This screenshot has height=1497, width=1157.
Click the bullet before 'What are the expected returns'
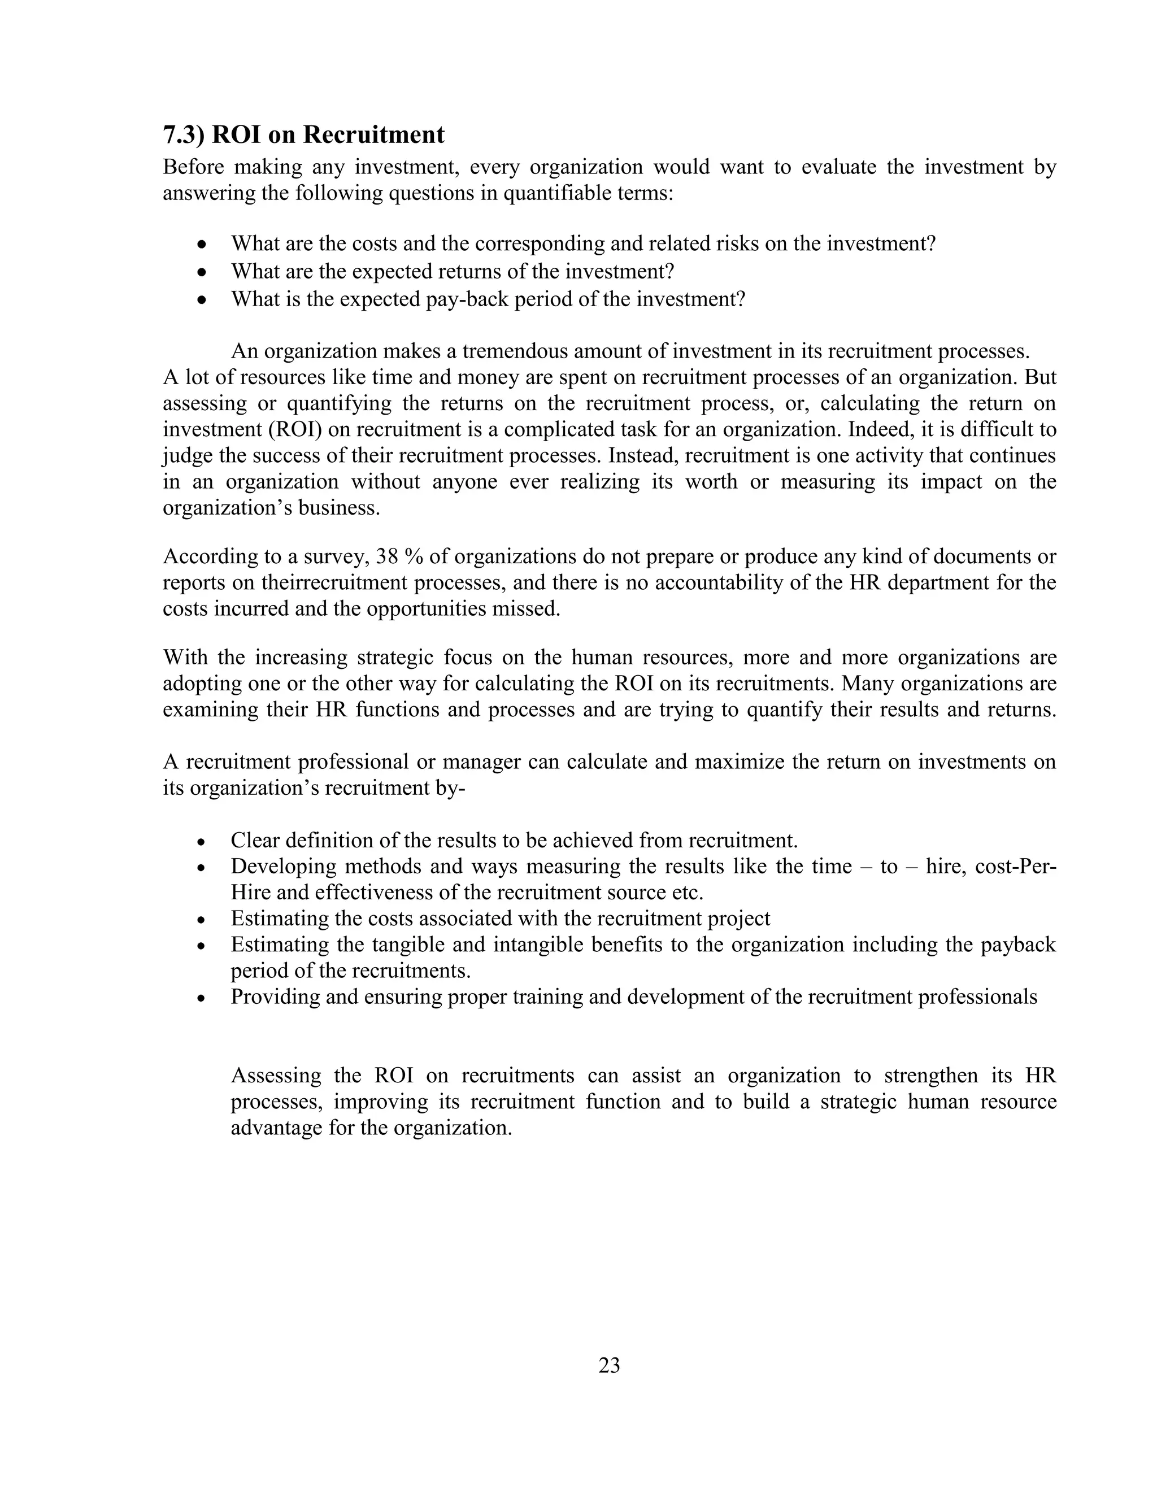click(202, 272)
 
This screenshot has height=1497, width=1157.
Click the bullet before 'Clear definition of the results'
click(201, 842)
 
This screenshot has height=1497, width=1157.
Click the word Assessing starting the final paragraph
click(276, 1076)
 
